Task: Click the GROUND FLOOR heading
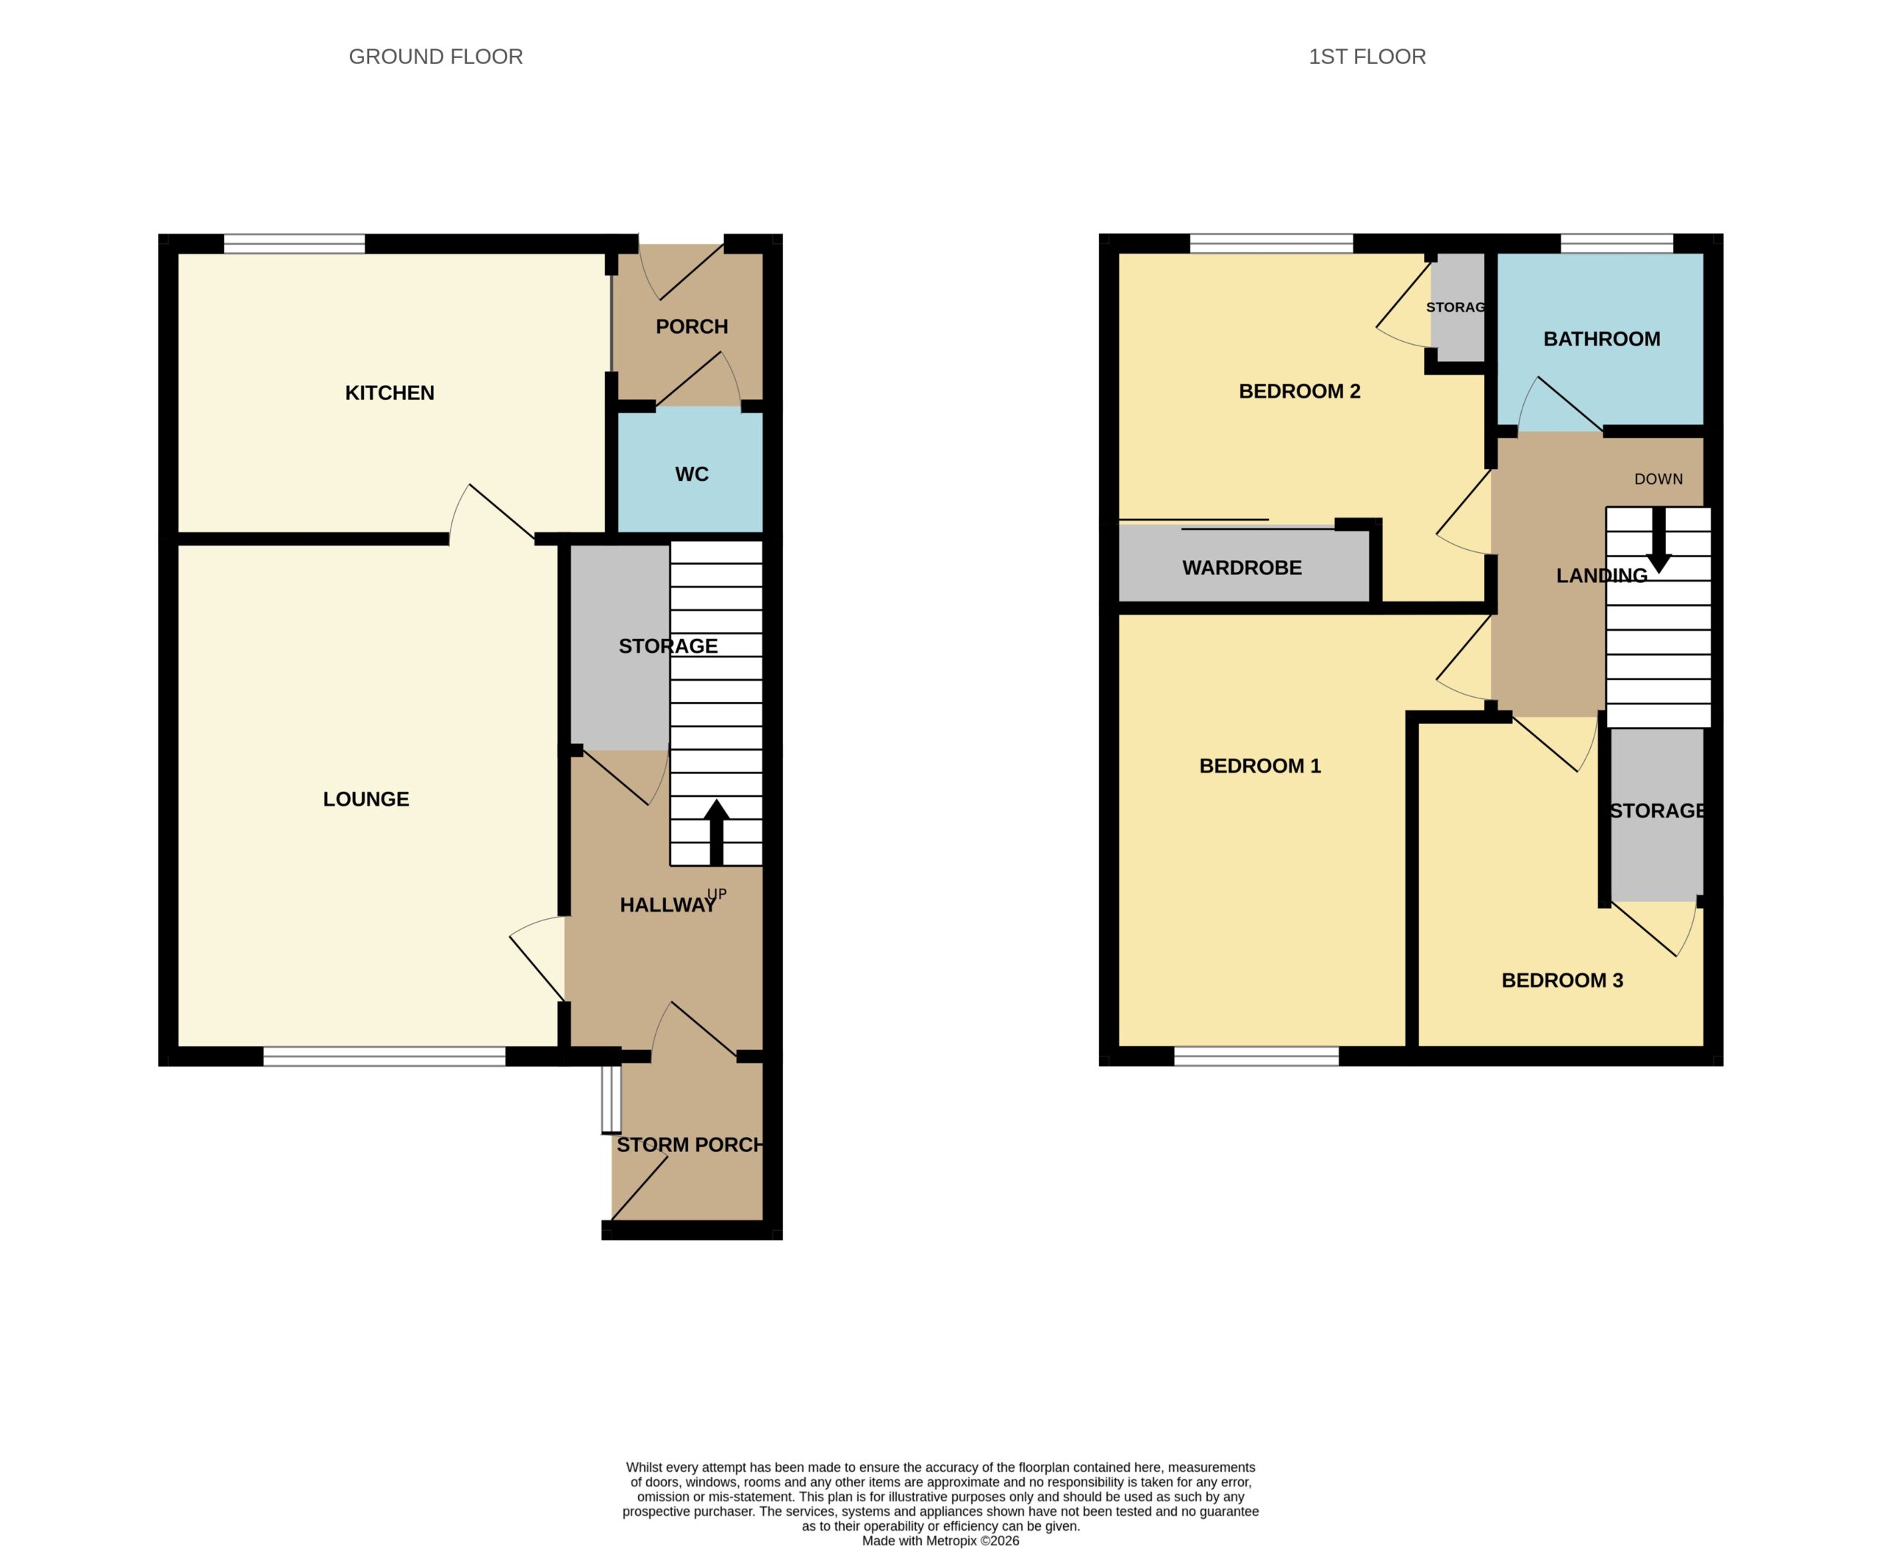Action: click(x=435, y=56)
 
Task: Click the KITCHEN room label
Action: click(x=389, y=393)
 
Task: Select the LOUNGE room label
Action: click(x=366, y=798)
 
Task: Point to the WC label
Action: click(x=692, y=473)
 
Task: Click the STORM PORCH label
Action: click(x=690, y=1145)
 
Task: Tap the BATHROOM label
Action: click(x=1602, y=339)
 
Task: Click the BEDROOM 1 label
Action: click(x=1259, y=765)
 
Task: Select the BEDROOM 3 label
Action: click(x=1561, y=981)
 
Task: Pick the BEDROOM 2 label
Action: click(x=1299, y=391)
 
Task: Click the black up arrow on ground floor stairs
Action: click(x=716, y=832)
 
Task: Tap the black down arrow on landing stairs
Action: click(x=1659, y=540)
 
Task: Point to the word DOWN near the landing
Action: click(x=1658, y=479)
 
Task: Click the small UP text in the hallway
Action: click(x=717, y=893)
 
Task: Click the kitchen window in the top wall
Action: click(x=295, y=243)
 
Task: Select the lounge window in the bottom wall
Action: click(x=384, y=1056)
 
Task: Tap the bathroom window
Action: click(x=1616, y=243)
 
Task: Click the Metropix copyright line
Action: click(x=940, y=1541)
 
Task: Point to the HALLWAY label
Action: click(x=668, y=905)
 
